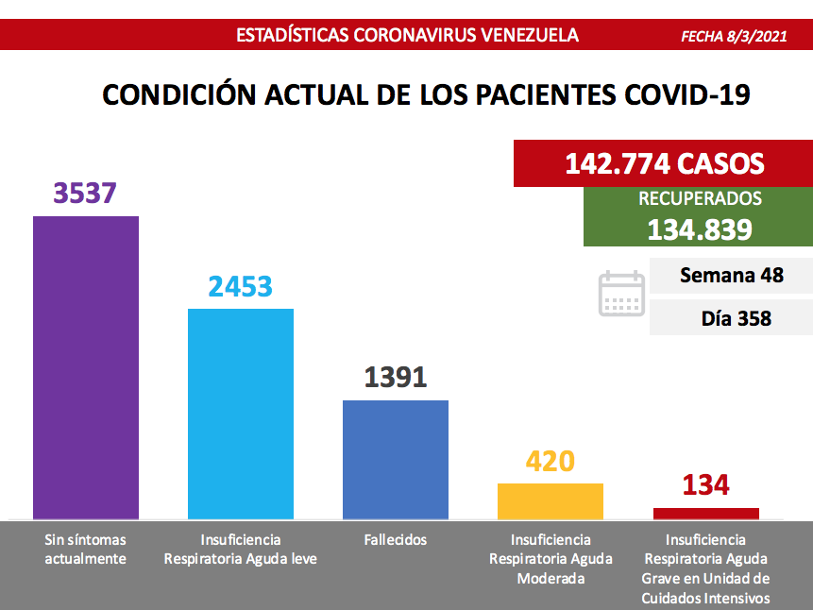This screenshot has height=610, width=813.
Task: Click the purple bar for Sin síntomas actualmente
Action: (86, 367)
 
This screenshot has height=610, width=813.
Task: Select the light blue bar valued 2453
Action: (241, 414)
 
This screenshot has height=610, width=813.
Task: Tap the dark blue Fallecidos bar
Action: (396, 459)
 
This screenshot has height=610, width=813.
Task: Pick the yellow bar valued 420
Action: (550, 500)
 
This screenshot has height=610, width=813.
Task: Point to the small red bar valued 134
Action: (706, 513)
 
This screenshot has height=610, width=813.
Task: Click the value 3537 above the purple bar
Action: (85, 193)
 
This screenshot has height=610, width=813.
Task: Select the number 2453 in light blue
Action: (241, 285)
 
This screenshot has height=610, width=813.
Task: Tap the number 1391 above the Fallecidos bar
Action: (396, 377)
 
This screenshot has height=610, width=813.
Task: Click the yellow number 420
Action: (550, 461)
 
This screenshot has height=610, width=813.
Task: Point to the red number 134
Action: (705, 485)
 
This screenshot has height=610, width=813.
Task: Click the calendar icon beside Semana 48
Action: (621, 294)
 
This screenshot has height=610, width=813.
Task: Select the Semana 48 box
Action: (731, 276)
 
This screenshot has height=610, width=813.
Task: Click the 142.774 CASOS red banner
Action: (664, 163)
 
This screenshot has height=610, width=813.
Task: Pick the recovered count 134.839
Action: (700, 229)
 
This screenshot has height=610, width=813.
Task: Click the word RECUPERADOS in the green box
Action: (700, 199)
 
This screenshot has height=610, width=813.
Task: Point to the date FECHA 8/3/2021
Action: (734, 36)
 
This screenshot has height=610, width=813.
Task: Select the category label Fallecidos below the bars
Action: (395, 540)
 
